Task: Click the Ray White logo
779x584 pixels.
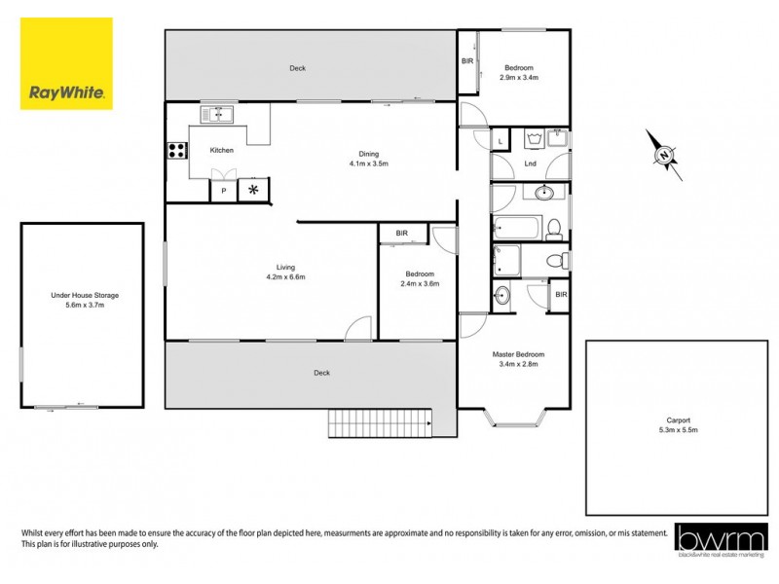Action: coord(66,63)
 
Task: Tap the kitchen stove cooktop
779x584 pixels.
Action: coord(177,150)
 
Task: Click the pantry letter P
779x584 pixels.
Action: coord(223,191)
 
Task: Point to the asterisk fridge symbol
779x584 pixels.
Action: coord(254,190)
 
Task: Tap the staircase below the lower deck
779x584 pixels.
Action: coord(380,423)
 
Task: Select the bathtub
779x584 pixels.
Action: coord(516,230)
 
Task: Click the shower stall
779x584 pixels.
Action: coord(506,260)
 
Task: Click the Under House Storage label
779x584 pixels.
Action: coord(84,295)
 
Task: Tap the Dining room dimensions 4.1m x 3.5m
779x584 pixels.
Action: coord(369,164)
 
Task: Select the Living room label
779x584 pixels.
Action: coord(285,267)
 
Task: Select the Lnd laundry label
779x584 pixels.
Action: coord(530,164)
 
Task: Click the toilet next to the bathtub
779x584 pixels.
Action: coord(554,230)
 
